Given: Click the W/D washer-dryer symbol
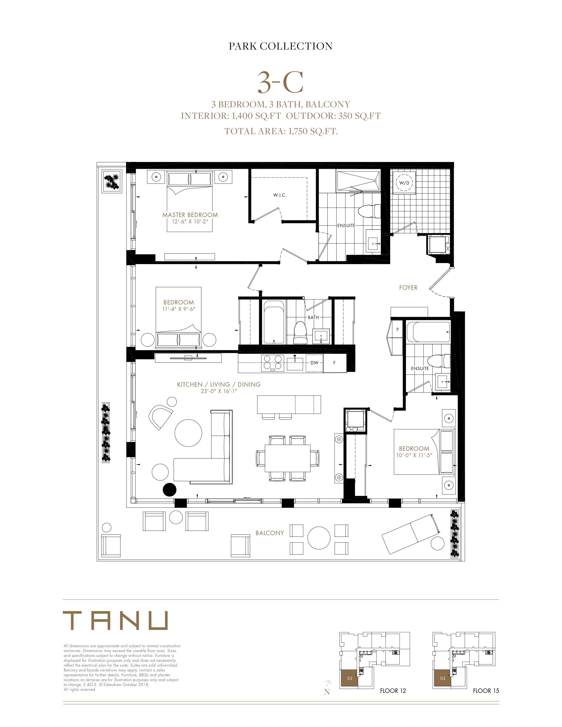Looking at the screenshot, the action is tap(404, 183).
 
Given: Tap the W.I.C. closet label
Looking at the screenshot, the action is tap(280, 195).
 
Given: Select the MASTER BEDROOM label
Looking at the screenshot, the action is tap(190, 215).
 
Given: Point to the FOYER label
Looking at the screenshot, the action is tap(408, 287).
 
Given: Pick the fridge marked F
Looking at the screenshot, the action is tap(335, 363).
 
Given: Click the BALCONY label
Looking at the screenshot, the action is tap(270, 533).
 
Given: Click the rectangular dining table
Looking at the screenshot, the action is tap(288, 458).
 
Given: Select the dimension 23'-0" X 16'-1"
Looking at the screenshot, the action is tap(218, 391).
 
